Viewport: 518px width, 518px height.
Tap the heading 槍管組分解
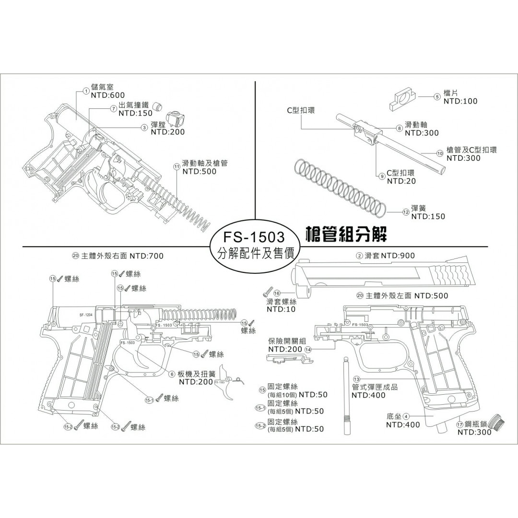(x=346, y=234)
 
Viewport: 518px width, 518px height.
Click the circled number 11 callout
(x=177, y=166)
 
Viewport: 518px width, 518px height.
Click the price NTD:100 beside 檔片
(x=460, y=101)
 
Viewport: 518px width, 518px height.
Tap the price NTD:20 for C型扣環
(x=401, y=181)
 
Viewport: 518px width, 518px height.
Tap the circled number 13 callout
(x=356, y=379)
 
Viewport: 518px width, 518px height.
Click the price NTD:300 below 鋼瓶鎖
(x=474, y=432)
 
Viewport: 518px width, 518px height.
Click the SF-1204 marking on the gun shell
(x=84, y=315)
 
